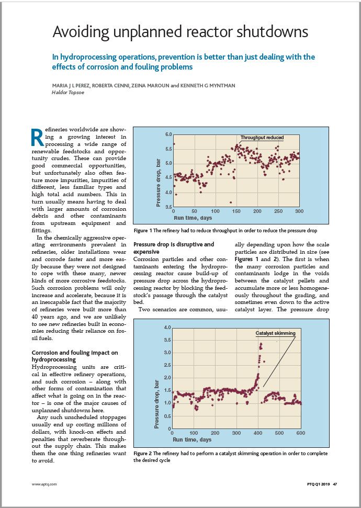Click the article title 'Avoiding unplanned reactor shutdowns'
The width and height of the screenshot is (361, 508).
[x=180, y=32]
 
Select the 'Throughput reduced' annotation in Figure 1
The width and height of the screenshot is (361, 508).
[x=262, y=138]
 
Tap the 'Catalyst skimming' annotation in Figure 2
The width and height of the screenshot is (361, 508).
[x=275, y=333]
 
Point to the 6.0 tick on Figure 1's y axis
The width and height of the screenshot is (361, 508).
[x=168, y=135]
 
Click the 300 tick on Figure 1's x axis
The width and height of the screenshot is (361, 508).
[x=299, y=211]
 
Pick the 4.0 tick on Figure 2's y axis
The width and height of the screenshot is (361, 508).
[x=167, y=328]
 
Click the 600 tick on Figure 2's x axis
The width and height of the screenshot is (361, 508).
[x=301, y=433]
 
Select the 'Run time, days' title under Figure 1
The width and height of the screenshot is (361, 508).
[x=193, y=217]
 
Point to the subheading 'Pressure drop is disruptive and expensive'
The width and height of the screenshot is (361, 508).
[x=174, y=248]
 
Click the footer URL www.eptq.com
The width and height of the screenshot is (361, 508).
[x=44, y=484]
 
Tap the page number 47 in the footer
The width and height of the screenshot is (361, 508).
[x=335, y=484]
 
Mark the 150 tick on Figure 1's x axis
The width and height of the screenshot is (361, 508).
[x=236, y=211]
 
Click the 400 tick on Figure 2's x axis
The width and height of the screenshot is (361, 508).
[x=257, y=433]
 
